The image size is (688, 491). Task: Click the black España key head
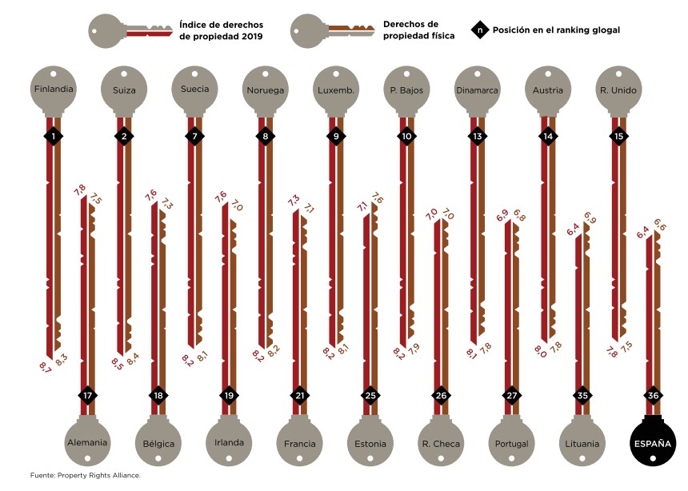tap(653, 442)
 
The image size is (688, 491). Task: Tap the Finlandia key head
tap(54, 90)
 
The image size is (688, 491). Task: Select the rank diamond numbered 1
tap(54, 136)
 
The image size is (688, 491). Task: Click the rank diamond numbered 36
tap(653, 395)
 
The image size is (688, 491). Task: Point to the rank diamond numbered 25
tap(370, 395)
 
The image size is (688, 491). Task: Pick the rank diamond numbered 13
tap(478, 136)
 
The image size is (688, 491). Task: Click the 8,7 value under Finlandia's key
tap(45, 366)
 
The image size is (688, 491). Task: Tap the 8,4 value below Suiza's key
tap(133, 359)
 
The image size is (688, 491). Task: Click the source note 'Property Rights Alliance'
tap(98, 475)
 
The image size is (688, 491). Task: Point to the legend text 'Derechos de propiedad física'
tap(418, 30)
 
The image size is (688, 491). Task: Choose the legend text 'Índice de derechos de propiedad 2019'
tap(221, 30)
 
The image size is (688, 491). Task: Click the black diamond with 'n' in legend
tap(480, 30)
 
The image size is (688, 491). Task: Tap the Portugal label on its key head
tap(512, 444)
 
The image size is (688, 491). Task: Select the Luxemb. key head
tap(336, 90)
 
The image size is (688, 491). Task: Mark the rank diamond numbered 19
tap(229, 395)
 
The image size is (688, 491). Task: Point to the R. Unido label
tap(618, 90)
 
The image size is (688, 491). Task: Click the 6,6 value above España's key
tap(660, 225)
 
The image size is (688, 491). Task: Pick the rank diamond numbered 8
tap(265, 136)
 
